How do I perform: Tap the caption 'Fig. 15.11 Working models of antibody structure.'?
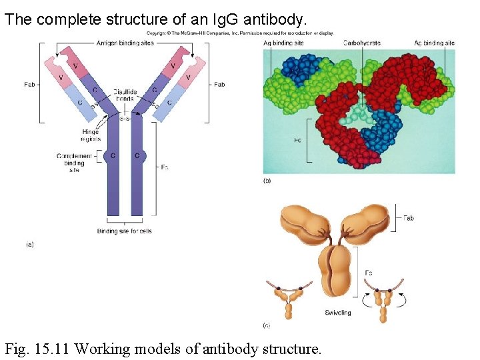[163, 348]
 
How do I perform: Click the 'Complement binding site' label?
[74, 163]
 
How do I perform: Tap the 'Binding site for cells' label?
[125, 231]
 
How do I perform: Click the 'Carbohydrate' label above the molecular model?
[362, 43]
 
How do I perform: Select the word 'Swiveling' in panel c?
[338, 312]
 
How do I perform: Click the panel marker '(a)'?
[30, 245]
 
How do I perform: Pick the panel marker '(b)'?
[267, 181]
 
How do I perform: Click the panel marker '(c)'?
[267, 325]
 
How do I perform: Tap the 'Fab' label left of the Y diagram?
[30, 85]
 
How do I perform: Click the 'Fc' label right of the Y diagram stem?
[165, 167]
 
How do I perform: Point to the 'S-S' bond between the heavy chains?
[125, 119]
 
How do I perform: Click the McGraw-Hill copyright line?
[240, 33]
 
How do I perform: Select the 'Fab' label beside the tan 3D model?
[409, 218]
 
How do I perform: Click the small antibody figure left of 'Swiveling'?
[289, 299]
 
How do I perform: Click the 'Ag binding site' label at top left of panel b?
[284, 43]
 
